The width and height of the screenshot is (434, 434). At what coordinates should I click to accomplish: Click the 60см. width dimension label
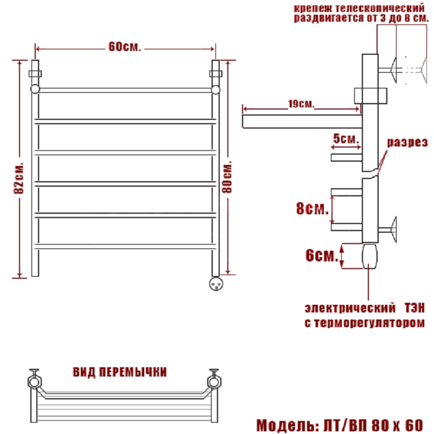[125, 47]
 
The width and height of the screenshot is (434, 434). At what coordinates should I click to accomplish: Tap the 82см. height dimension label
[19, 178]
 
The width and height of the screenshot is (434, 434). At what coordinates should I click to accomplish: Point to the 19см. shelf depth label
[301, 104]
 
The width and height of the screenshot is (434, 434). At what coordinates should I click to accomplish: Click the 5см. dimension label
[346, 138]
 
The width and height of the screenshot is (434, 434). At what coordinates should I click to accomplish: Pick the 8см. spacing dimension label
[312, 208]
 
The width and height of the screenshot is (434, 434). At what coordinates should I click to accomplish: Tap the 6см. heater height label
[322, 256]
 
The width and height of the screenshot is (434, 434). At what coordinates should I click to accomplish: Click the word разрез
[407, 142]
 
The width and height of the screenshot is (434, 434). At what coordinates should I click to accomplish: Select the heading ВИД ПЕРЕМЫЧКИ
[120, 372]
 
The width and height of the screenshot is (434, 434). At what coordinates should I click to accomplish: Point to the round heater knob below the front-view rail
[216, 284]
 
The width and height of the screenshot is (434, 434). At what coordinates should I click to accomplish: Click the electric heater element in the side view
[370, 256]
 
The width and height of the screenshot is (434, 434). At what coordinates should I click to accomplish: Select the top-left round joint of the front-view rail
[35, 89]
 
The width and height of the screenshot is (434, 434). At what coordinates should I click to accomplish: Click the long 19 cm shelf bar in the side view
[302, 122]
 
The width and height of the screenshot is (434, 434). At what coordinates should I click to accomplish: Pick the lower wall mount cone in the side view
[393, 229]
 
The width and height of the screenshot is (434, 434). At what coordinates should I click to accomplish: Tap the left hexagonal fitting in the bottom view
[35, 381]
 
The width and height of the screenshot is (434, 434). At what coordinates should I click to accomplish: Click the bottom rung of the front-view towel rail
[125, 246]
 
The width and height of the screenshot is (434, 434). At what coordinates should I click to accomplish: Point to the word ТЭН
[414, 308]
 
